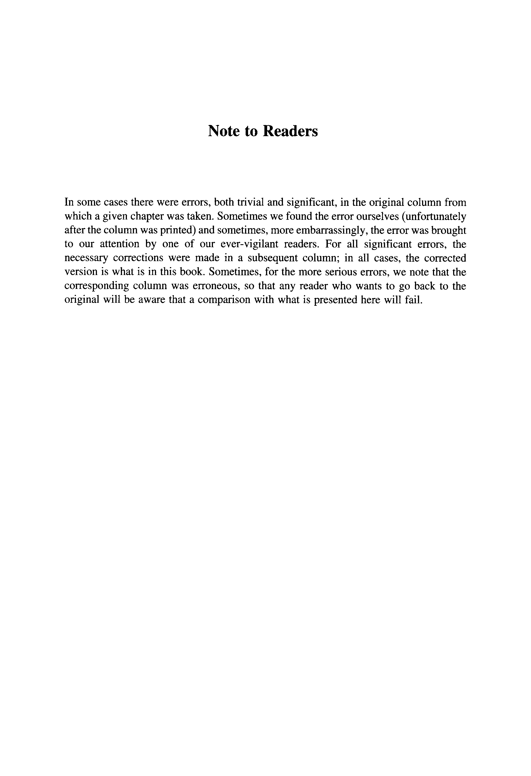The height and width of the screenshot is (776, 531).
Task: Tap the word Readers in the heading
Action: tap(290, 131)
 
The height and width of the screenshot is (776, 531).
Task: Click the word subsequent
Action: tap(272, 258)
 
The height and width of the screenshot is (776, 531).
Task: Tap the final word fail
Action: tap(416, 300)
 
